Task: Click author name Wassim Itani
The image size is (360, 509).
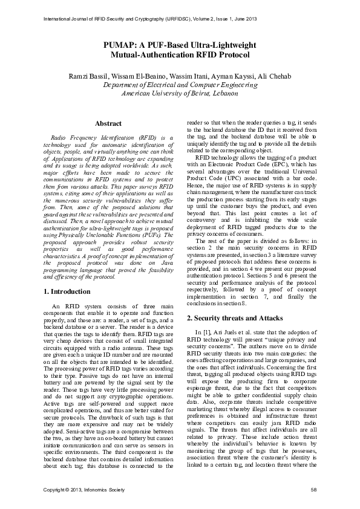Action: pyautogui.click(x=172, y=76)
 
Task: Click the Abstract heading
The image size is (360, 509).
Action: pyautogui.click(x=108, y=124)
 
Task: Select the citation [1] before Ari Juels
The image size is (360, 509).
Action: pyautogui.click(x=205, y=333)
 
